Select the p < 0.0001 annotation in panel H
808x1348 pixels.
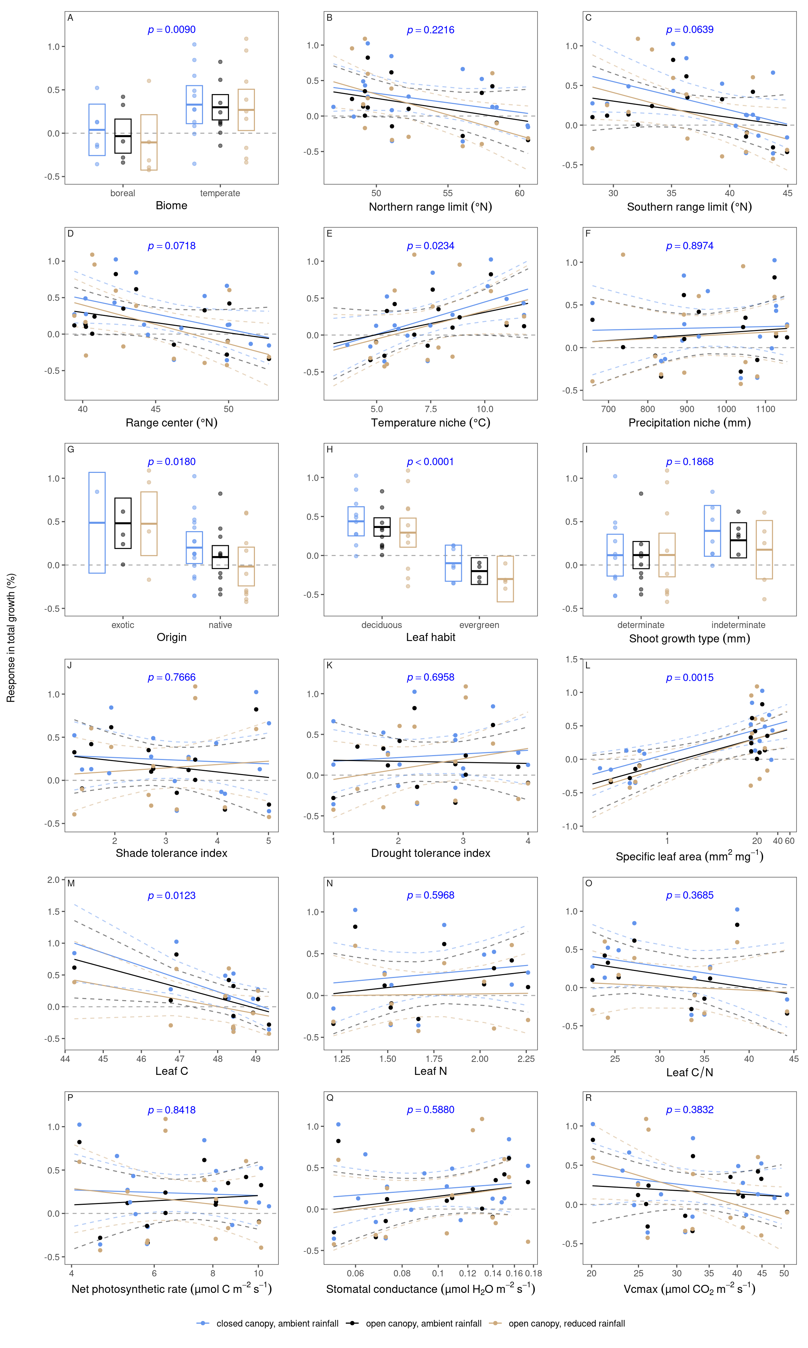[430, 462]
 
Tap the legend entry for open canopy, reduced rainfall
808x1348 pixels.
[566, 1323]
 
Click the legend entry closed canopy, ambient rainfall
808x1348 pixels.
[277, 1323]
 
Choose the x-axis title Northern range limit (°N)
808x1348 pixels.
[430, 207]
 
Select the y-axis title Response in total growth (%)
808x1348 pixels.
[11, 637]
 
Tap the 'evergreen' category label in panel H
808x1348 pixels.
[479, 625]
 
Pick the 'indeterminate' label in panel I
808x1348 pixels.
[738, 625]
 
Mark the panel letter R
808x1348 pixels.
[588, 1098]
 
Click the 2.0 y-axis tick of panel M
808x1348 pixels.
[53, 880]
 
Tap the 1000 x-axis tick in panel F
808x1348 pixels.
[726, 409]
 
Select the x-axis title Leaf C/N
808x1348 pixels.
[689, 1072]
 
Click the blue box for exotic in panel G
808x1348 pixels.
[97, 523]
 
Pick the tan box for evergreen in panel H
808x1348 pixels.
[505, 579]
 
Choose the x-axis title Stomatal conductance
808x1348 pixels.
[430, 1289]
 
